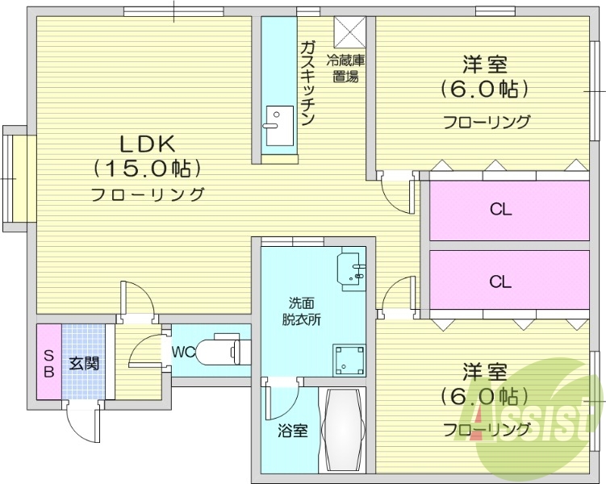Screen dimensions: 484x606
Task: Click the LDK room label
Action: click(x=148, y=144)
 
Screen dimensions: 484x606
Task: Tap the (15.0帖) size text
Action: click(x=147, y=168)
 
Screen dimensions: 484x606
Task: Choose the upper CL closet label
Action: click(x=500, y=210)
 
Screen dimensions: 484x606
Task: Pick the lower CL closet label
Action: click(x=500, y=282)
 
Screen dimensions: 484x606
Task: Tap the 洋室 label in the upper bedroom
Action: click(x=485, y=63)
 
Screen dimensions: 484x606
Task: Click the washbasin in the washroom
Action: click(x=353, y=269)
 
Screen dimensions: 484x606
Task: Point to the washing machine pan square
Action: click(x=351, y=359)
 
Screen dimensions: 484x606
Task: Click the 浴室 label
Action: click(x=292, y=430)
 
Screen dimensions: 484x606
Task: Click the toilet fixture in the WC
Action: click(x=222, y=351)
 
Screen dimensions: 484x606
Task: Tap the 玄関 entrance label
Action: click(x=84, y=363)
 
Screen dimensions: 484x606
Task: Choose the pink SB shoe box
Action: click(x=48, y=363)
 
